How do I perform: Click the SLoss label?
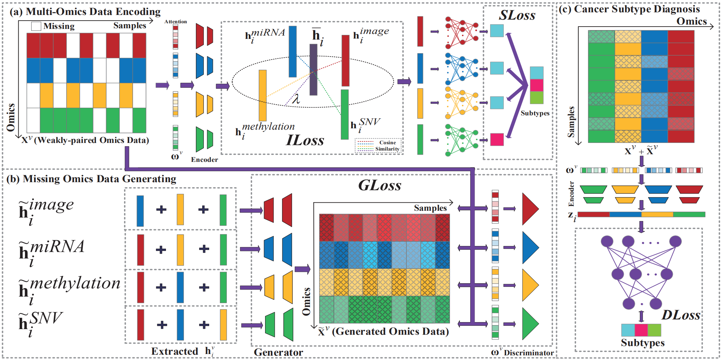point(517,15)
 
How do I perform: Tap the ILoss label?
point(305,140)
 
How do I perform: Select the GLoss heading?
point(379,185)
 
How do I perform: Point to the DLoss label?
point(680,315)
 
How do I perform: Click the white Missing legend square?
point(36,26)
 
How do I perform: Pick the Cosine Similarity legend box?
point(378,146)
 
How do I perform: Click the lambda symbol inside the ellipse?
point(296,99)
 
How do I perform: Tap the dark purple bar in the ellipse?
point(313,69)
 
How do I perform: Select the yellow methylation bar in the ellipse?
point(262,95)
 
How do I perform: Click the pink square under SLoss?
point(497,139)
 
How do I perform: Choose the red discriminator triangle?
point(530,209)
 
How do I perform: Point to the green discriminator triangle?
point(530,324)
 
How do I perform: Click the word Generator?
point(278,352)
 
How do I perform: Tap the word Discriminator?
point(529,353)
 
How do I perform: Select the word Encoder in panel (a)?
point(204,160)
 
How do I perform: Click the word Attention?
point(176,22)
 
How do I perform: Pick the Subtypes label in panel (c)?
point(643,343)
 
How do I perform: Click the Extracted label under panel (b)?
point(175,351)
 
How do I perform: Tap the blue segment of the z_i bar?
point(625,214)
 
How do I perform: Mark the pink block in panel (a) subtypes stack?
point(536,85)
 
